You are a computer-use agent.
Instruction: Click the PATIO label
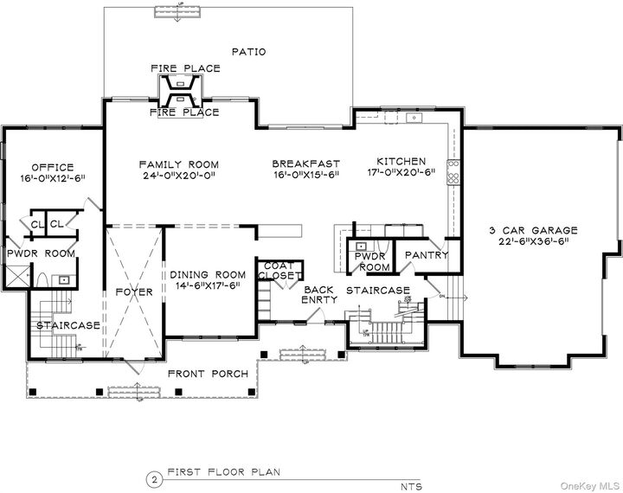click(248, 52)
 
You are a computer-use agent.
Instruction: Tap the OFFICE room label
click(53, 167)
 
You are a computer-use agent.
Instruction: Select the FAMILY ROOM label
click(179, 164)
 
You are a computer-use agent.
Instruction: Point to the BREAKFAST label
click(305, 163)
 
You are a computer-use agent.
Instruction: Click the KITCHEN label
click(401, 162)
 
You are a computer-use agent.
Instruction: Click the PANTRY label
click(427, 255)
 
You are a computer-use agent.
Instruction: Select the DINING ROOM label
click(204, 272)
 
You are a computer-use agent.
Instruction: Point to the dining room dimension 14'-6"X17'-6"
click(204, 285)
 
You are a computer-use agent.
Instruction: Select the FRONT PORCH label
click(209, 374)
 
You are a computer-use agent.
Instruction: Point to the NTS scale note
click(411, 486)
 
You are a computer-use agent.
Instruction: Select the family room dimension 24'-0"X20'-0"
click(179, 176)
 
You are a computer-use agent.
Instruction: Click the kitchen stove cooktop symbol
click(452, 171)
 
